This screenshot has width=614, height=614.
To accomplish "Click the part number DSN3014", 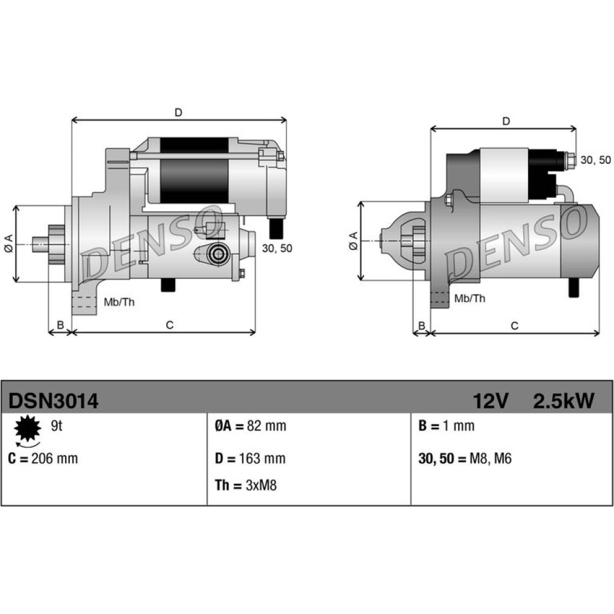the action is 53,400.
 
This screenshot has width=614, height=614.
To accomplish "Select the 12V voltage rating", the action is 491,400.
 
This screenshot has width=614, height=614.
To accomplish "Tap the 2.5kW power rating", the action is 564,400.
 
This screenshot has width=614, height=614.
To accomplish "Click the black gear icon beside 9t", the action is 28,429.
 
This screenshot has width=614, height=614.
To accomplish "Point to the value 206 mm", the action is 55,458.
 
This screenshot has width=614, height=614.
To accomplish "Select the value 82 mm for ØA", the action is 266,426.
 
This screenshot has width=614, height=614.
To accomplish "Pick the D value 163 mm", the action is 262,458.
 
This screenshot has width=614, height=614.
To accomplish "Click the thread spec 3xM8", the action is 261,485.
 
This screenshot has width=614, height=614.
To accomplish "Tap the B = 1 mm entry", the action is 446,426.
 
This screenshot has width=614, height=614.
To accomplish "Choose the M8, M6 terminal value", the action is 490,458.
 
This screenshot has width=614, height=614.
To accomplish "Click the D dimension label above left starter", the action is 179,113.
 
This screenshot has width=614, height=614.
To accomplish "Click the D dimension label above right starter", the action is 507,122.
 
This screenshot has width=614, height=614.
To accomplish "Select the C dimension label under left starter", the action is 169,325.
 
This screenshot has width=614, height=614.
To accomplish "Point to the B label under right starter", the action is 422,326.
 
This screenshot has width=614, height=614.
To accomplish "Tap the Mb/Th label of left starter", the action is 119,302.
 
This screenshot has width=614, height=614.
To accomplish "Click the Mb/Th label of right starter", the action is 470,298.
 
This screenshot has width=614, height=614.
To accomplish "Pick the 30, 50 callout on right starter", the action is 596,160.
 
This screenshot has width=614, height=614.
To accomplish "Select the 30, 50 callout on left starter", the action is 278,248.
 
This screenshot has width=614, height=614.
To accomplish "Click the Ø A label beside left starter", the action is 9,243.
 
